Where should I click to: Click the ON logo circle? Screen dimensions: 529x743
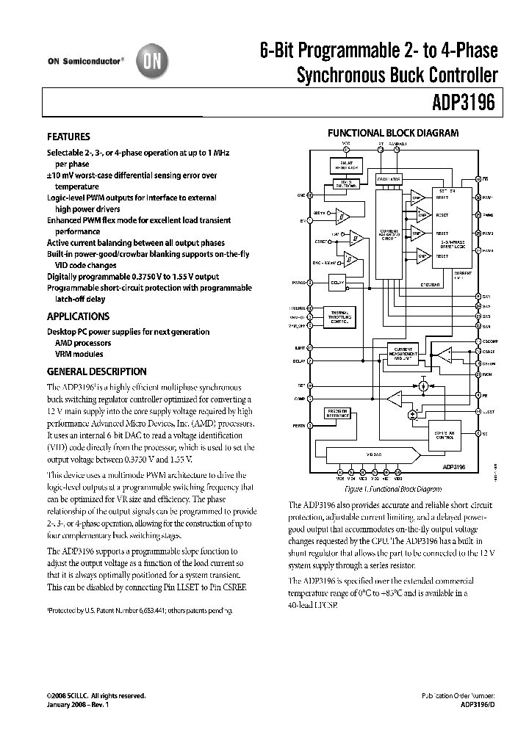151,63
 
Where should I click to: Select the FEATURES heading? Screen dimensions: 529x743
68,137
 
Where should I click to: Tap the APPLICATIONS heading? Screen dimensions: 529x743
78,316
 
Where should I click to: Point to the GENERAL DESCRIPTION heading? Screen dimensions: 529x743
96,371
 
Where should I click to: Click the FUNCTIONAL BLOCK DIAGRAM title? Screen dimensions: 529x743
392,133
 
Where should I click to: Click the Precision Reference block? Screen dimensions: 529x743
338,413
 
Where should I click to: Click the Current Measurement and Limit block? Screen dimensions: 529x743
403,352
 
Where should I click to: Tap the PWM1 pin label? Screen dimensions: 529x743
489,197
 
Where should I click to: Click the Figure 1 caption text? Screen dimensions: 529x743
393,488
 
